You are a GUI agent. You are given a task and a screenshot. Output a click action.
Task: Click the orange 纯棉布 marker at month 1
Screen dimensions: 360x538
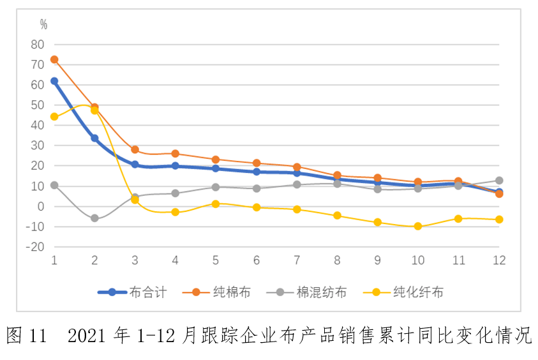coord(54,59)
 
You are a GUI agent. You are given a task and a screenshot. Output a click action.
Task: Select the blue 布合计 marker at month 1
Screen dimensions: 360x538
coord(54,81)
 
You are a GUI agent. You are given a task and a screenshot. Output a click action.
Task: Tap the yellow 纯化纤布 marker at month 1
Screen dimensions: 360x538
coord(54,117)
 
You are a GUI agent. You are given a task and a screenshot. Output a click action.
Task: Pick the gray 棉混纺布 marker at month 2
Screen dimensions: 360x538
coord(94,218)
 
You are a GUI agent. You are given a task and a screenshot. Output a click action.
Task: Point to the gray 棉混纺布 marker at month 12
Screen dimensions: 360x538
coord(499,181)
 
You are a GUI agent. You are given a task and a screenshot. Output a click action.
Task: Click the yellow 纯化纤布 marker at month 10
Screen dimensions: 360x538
coord(418,226)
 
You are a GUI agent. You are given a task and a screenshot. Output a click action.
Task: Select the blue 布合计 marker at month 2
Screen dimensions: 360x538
coord(94,138)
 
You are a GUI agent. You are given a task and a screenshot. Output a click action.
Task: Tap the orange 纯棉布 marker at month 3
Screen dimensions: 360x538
coord(135,149)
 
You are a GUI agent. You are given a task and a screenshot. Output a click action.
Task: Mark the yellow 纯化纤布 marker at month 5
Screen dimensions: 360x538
coord(216,204)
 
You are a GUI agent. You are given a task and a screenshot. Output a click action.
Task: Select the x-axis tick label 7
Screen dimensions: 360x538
coord(297,260)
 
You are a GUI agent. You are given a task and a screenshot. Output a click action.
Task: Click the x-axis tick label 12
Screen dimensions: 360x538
coord(498,260)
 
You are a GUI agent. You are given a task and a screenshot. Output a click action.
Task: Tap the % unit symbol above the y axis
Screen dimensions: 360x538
coord(43,24)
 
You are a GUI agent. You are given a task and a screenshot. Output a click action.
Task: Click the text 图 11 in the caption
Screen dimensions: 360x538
coord(27,335)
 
